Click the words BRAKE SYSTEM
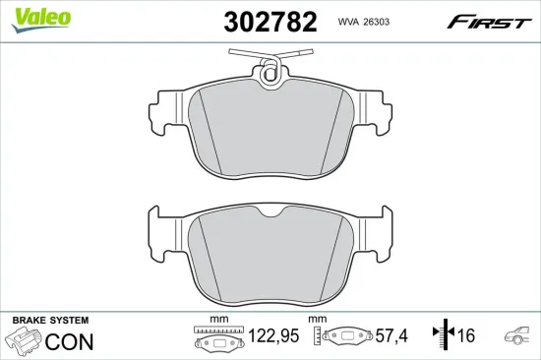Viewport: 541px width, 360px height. (x=49, y=321)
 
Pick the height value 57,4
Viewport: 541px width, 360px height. (x=389, y=336)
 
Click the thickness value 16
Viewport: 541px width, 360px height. (x=465, y=336)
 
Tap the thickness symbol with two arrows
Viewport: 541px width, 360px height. (x=444, y=335)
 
